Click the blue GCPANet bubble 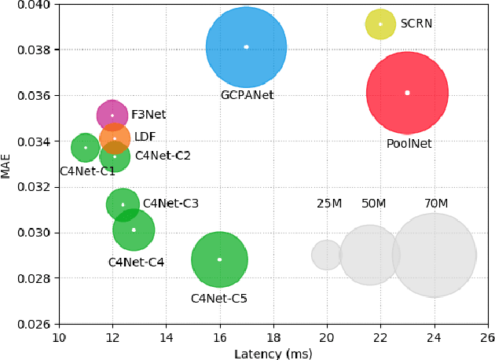(x=246, y=47)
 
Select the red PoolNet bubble (x=407, y=93)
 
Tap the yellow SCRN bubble (x=380, y=24)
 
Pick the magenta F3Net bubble (x=112, y=116)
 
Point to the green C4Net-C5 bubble (x=219, y=259)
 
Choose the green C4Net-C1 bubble (x=85, y=147)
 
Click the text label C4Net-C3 (x=170, y=204)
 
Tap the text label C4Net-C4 (x=136, y=262)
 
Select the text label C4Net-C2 (x=163, y=156)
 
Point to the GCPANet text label (x=247, y=95)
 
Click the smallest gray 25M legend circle (x=326, y=255)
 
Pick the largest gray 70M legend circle (x=434, y=255)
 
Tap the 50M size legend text (x=374, y=204)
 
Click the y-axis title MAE (x=6, y=165)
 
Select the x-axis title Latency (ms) (x=273, y=354)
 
